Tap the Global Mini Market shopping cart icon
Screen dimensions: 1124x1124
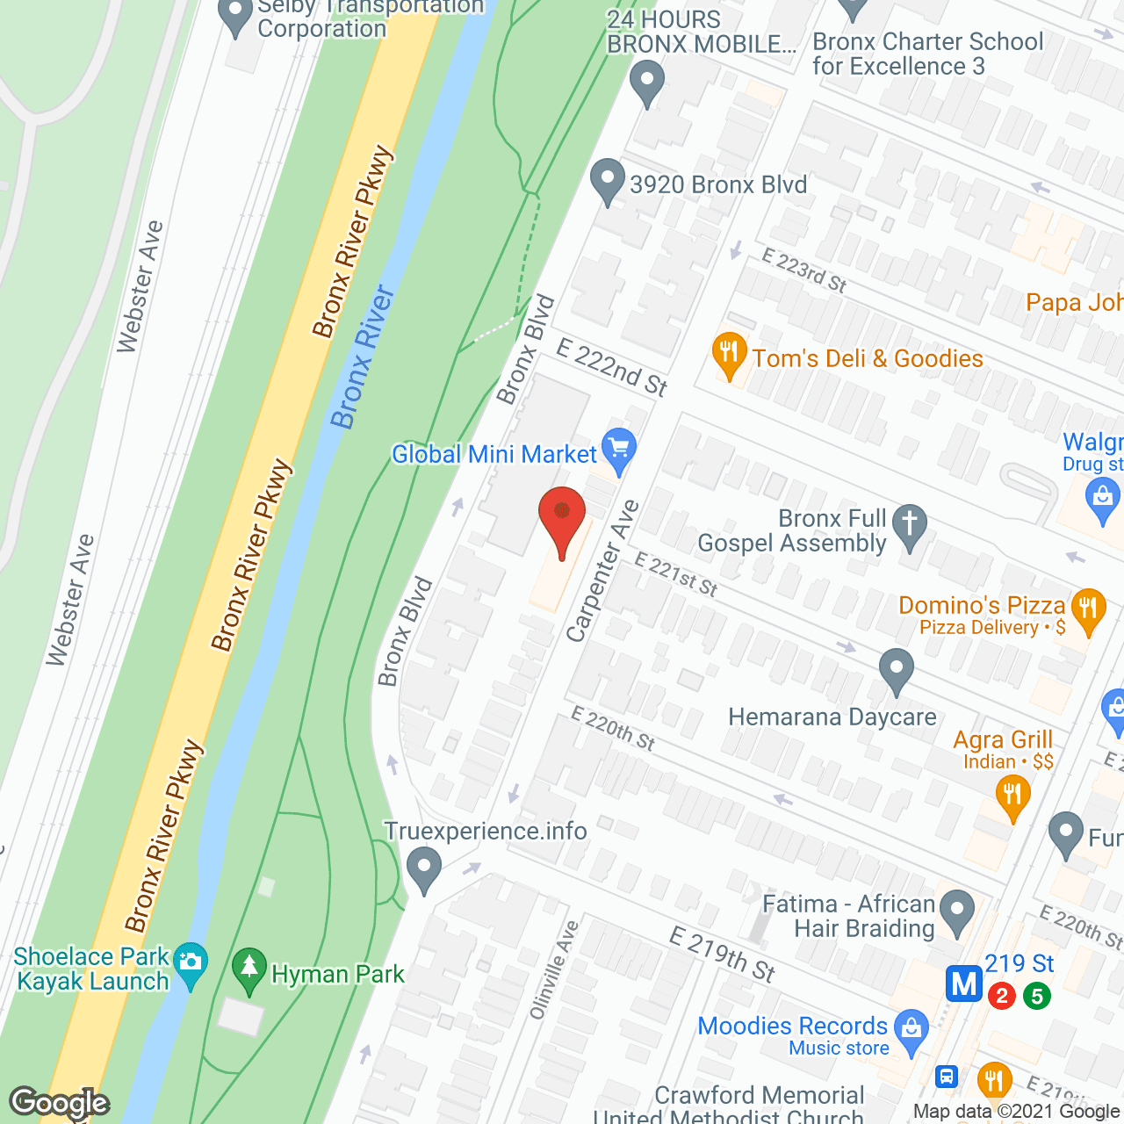(619, 449)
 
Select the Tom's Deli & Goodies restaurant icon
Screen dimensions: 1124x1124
(729, 354)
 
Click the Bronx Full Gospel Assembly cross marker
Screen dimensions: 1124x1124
(910, 525)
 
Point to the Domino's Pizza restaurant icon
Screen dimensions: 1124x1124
(1089, 609)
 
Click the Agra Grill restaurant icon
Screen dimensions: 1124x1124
(1012, 796)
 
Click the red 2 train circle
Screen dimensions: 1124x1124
(1001, 996)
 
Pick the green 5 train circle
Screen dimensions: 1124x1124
(1037, 996)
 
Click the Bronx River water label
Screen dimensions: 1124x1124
(362, 357)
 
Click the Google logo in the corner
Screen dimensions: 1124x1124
(60, 1103)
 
